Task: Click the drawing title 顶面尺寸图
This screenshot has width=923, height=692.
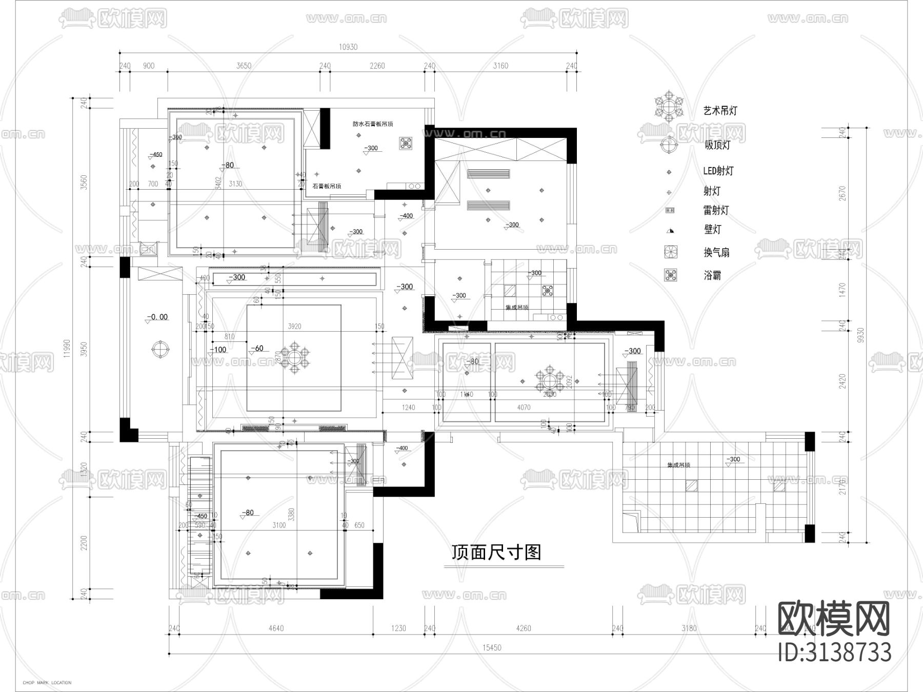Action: pos(496,552)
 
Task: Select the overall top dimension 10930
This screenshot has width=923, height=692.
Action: pos(348,47)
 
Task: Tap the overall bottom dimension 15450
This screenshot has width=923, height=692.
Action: pos(491,648)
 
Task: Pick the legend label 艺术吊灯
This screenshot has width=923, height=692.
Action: pos(720,110)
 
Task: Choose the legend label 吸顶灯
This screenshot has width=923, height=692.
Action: pos(717,145)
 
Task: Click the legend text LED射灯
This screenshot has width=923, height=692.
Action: pos(718,171)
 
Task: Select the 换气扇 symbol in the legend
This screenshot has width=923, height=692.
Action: pos(670,252)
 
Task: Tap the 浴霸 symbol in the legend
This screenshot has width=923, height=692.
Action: pos(670,275)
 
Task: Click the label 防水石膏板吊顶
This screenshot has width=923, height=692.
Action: pos(373,124)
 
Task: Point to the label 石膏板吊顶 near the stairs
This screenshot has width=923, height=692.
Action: pos(327,187)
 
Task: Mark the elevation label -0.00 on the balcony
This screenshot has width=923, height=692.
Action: pos(157,317)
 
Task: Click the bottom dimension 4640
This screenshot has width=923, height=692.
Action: pos(275,628)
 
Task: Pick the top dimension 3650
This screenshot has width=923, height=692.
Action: pos(244,66)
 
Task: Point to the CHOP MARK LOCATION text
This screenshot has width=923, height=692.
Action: pos(47,683)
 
